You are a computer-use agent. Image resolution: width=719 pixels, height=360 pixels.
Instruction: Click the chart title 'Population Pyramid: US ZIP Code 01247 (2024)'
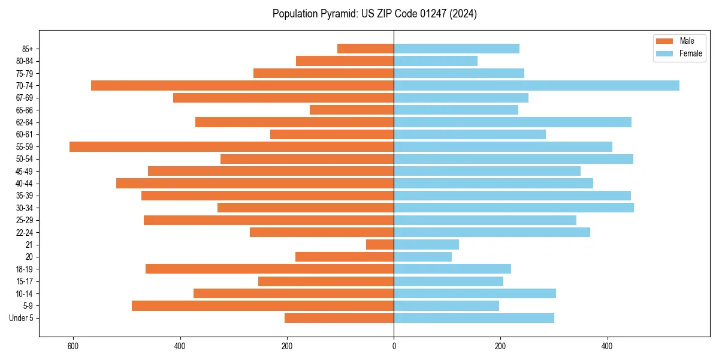[x=374, y=14]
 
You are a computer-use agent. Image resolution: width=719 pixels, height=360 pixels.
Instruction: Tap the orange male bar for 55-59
[x=231, y=146]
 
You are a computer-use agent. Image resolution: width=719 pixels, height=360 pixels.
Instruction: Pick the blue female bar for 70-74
[x=536, y=85]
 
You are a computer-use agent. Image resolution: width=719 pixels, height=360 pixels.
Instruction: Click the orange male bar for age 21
[x=380, y=244]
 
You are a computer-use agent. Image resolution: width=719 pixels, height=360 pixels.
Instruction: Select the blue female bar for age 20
[x=422, y=257]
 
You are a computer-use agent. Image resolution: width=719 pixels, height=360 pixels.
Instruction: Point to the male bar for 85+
[x=365, y=49]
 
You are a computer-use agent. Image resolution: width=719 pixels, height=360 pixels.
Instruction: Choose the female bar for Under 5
[x=473, y=318]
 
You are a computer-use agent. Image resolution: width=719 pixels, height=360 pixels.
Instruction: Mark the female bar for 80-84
[x=436, y=61]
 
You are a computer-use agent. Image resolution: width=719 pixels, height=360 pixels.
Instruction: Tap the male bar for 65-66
[x=352, y=110]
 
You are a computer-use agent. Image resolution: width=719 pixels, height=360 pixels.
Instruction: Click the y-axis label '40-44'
[x=25, y=184]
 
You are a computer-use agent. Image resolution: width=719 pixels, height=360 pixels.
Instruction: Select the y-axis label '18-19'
[x=25, y=269]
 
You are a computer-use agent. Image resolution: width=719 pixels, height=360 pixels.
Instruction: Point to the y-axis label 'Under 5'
[x=22, y=318]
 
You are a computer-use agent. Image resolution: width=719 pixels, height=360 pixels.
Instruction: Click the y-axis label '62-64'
[x=25, y=122]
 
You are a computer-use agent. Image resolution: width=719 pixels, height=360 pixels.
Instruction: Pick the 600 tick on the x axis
[x=73, y=346]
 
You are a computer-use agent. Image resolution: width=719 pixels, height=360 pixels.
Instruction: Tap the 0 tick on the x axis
[x=394, y=346]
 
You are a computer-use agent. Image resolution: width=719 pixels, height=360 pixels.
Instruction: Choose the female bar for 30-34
[x=513, y=208]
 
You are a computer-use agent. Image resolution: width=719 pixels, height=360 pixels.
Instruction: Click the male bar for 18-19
[x=270, y=269]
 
